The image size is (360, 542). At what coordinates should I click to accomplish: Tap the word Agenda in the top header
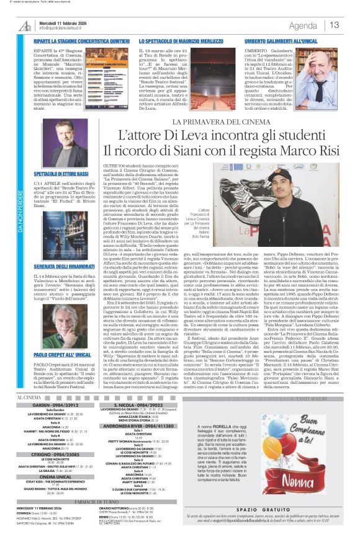[x=303, y=25]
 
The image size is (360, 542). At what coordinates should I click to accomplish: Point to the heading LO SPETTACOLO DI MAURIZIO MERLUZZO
[x=181, y=41]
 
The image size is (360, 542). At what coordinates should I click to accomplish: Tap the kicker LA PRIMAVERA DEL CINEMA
[x=213, y=104]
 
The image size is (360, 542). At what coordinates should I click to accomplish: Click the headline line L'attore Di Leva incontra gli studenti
[x=213, y=118]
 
